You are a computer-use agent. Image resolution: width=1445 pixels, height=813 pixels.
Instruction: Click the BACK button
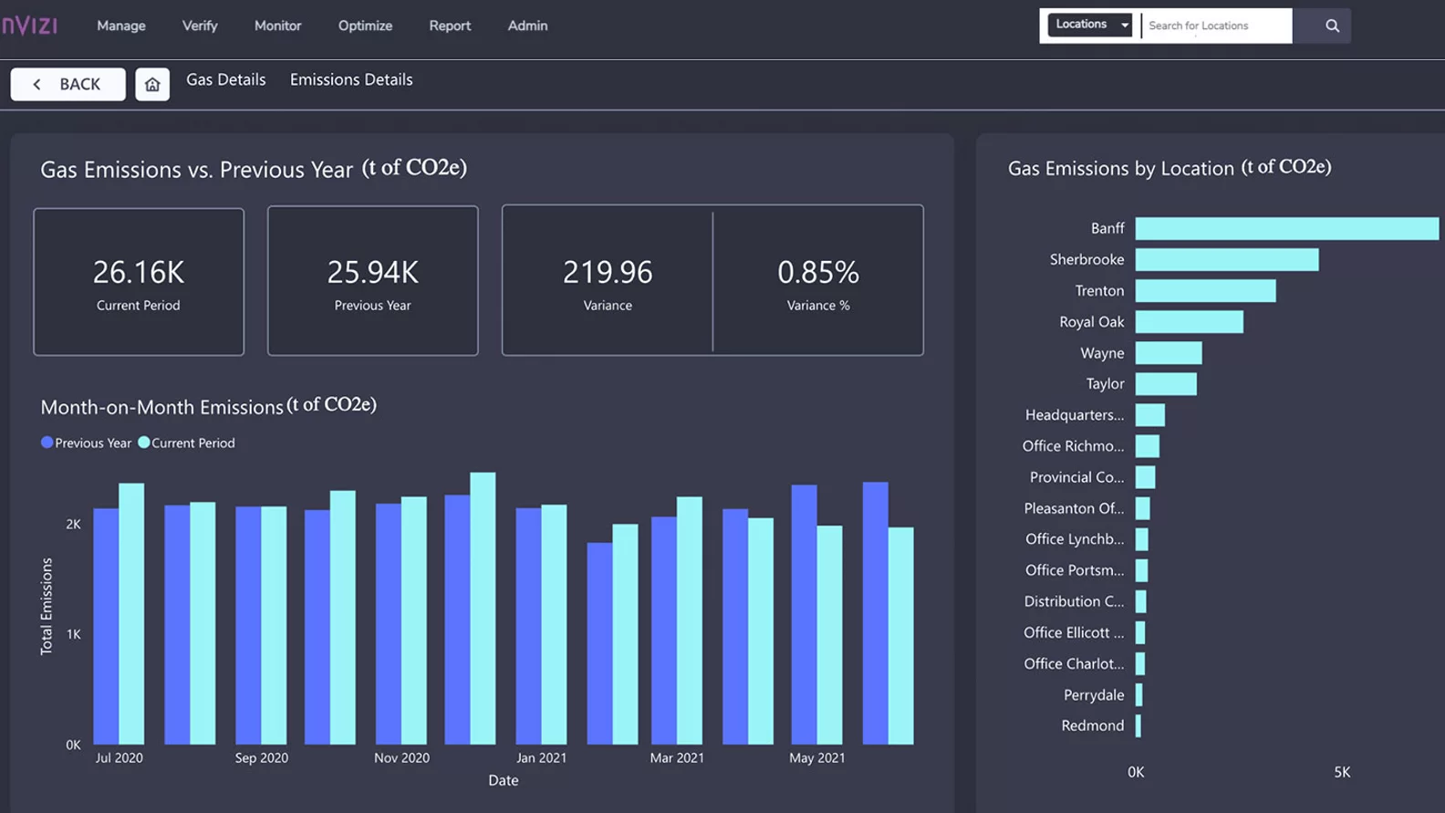click(68, 84)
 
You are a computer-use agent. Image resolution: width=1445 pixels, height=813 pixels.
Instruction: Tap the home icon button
click(152, 84)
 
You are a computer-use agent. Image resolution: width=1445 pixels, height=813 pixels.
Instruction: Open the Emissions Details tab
click(351, 79)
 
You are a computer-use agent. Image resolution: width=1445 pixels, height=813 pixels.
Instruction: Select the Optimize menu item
click(365, 26)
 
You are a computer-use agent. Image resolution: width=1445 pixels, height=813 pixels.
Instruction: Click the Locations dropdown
click(1090, 25)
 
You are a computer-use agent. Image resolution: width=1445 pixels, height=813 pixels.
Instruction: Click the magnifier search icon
click(1332, 26)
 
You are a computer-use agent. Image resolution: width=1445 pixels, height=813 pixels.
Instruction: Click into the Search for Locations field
click(1216, 26)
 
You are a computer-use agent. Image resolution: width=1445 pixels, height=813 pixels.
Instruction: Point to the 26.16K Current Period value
click(139, 272)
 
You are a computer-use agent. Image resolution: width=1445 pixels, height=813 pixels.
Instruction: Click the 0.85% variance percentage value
click(817, 272)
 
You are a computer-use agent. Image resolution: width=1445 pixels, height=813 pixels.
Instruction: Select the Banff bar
click(1286, 228)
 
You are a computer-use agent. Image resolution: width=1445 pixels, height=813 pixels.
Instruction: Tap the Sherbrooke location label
click(1086, 259)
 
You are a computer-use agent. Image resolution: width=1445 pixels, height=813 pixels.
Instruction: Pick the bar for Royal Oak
click(1189, 321)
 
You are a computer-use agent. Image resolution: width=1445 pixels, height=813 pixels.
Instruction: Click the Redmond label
click(1092, 725)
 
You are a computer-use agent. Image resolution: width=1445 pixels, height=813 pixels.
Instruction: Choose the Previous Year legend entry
click(86, 443)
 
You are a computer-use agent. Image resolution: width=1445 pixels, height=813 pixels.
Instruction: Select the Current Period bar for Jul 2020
click(131, 613)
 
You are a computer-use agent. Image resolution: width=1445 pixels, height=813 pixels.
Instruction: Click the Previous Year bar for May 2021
click(804, 613)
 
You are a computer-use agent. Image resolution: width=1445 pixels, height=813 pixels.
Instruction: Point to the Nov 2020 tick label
click(401, 757)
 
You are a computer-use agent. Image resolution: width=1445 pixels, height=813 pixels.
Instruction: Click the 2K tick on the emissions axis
click(73, 524)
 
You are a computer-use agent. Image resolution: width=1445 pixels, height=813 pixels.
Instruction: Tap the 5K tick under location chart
click(1342, 772)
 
